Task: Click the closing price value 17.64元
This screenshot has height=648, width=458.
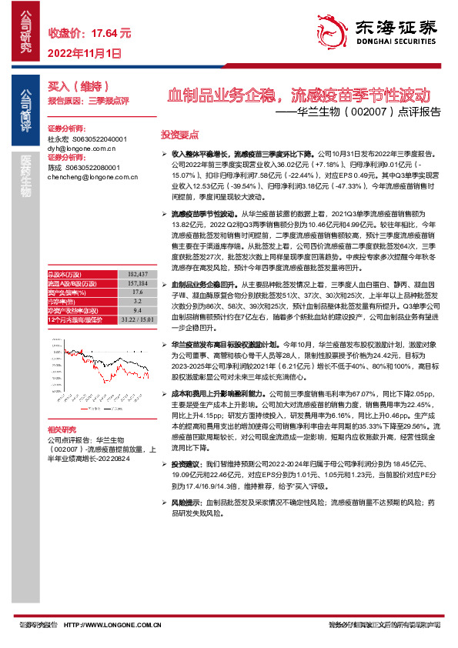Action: [x=111, y=33]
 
